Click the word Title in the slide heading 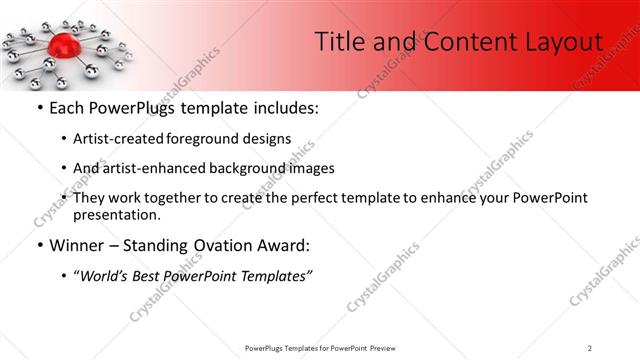click(338, 42)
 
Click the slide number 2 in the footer click(590, 347)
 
